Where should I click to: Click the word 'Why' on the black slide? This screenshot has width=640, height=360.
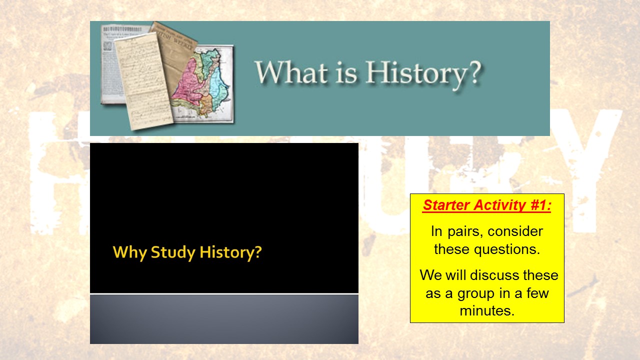point(129,252)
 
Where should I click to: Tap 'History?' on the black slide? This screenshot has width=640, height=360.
point(230,252)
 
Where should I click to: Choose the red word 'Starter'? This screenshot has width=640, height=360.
point(446,206)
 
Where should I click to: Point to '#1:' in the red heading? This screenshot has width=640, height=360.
point(539,206)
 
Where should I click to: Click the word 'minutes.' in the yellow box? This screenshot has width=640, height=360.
point(486,310)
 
